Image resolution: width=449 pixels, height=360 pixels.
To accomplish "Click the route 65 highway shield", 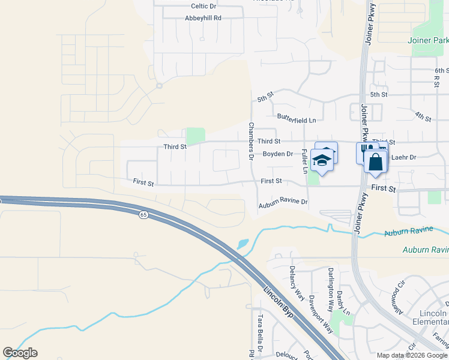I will coord(143,214).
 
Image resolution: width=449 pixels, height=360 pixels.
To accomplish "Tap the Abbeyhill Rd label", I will coord(203,18).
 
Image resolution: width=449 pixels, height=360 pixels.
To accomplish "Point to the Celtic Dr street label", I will coord(203,6).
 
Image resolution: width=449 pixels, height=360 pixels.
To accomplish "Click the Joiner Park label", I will coord(427,40).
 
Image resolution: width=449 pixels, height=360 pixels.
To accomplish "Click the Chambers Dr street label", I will coord(251,141).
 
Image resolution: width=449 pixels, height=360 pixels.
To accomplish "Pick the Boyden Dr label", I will coord(278,154).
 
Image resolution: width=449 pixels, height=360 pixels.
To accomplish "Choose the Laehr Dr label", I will coord(403,157).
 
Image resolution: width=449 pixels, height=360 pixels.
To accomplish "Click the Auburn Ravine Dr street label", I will coord(283,205).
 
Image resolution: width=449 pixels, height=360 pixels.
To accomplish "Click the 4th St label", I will coord(423,116).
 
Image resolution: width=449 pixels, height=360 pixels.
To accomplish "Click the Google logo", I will coord(20,353).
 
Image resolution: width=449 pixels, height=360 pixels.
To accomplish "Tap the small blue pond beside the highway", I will coord(243,244).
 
